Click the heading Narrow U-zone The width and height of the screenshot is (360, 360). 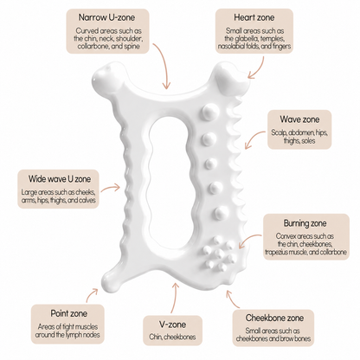(x=106, y=17)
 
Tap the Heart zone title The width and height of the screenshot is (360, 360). (x=254, y=17)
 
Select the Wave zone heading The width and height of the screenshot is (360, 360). (x=299, y=119)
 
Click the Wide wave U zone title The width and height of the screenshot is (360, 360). (x=60, y=179)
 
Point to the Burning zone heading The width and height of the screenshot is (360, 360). (x=305, y=223)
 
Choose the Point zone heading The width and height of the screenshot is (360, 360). (x=68, y=313)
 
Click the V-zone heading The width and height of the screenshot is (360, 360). (x=172, y=325)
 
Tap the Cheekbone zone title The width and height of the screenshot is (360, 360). (x=274, y=318)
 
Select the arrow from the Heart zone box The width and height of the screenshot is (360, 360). (x=260, y=69)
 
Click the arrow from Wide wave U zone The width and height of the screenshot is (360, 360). (x=111, y=188)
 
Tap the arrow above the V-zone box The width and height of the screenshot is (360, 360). (x=174, y=297)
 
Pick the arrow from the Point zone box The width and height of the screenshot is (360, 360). (x=92, y=294)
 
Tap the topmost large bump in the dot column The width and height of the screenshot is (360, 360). (x=209, y=111)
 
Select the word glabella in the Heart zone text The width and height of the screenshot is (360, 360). (x=246, y=38)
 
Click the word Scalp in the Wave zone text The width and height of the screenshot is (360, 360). (x=279, y=132)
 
